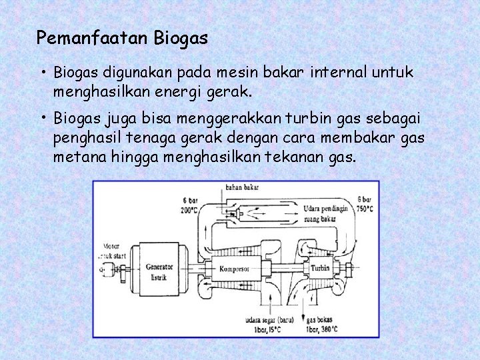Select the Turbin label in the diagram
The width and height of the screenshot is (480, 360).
(319, 267)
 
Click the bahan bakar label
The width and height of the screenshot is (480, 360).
(241, 188)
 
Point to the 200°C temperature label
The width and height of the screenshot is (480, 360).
(190, 209)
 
